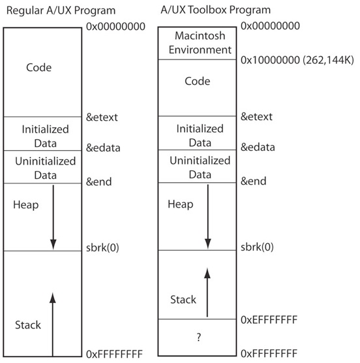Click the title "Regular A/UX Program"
(x=61, y=10)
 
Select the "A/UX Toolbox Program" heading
(x=215, y=10)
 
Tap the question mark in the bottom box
(x=199, y=337)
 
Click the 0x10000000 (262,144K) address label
(x=297, y=60)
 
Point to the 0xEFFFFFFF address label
(x=269, y=320)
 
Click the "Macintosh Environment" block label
(x=200, y=43)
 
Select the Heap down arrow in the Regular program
(x=53, y=217)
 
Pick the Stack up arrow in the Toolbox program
(x=207, y=292)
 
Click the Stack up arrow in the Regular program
(x=53, y=324)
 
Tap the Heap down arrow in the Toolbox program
(x=208, y=217)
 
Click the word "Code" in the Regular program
(x=39, y=68)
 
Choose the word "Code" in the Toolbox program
(x=198, y=81)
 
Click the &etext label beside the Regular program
(x=102, y=117)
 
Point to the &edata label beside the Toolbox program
(x=258, y=147)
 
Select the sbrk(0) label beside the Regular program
(x=102, y=247)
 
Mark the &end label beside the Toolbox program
(x=254, y=181)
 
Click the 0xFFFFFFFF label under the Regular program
(x=114, y=354)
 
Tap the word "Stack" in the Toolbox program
(x=183, y=300)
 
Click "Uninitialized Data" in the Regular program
(x=45, y=168)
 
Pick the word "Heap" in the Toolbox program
(x=181, y=204)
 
